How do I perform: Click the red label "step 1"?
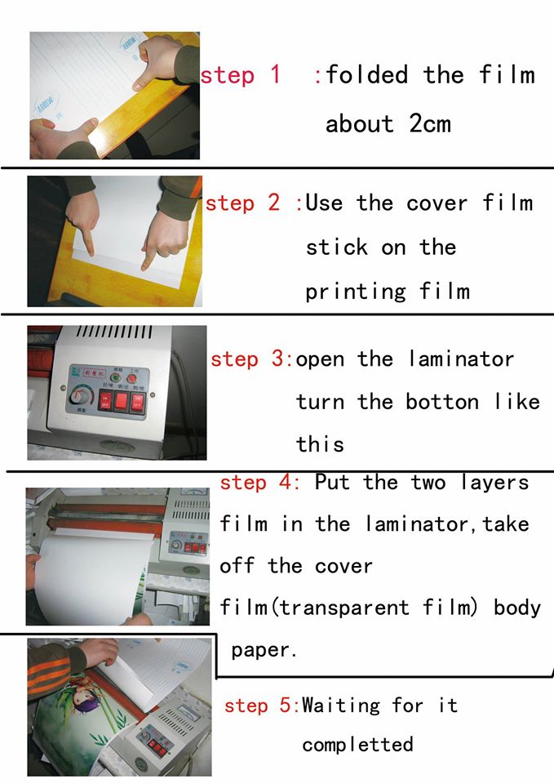(240, 75)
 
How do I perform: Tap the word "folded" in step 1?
(366, 75)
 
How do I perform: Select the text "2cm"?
(430, 123)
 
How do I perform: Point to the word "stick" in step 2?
(337, 247)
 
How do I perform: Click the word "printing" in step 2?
(356, 292)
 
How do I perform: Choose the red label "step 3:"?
(252, 359)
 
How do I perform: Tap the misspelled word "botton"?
(442, 402)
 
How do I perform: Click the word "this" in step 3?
(320, 444)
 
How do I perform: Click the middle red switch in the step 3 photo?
(122, 400)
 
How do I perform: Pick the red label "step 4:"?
(259, 483)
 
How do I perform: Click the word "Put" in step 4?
(332, 483)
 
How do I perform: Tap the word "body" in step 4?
(517, 608)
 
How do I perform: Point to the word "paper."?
(264, 651)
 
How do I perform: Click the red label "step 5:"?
(262, 706)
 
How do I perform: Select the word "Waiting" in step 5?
(341, 706)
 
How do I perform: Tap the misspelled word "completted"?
(357, 745)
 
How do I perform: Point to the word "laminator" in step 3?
(461, 359)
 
